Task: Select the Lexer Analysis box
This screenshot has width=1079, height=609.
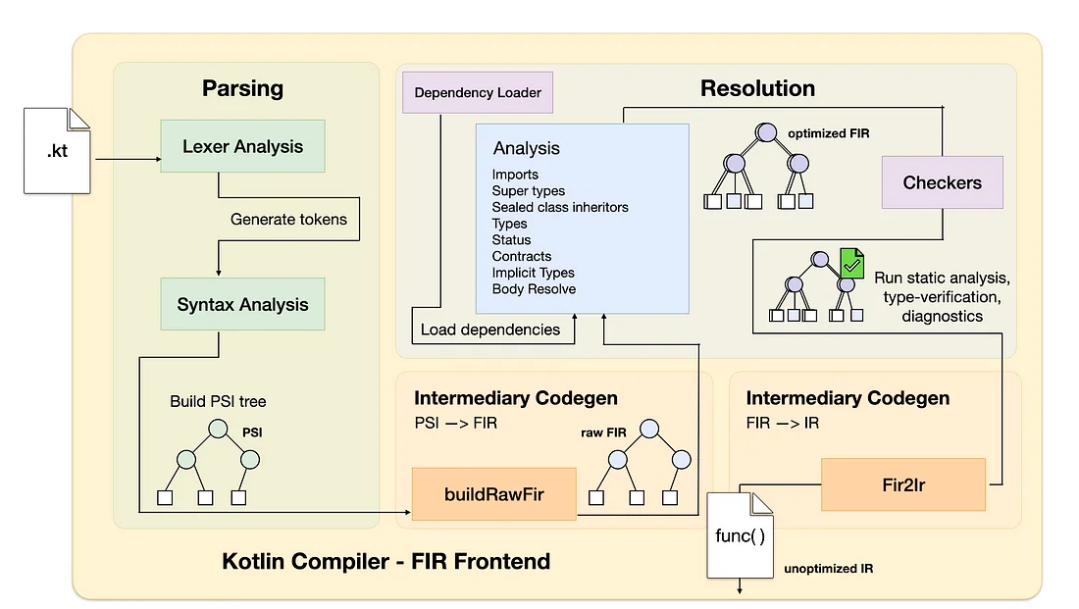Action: pyautogui.click(x=242, y=147)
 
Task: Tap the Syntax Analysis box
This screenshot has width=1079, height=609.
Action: pyautogui.click(x=242, y=305)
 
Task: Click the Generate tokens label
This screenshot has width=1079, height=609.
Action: pyautogui.click(x=288, y=219)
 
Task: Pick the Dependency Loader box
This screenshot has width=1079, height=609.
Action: pyautogui.click(x=478, y=93)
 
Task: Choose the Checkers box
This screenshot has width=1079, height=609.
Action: pyautogui.click(x=942, y=182)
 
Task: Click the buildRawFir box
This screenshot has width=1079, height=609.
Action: pyautogui.click(x=493, y=495)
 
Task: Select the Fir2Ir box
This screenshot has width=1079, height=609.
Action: pyautogui.click(x=902, y=484)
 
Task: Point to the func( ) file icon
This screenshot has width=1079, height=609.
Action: pyautogui.click(x=740, y=535)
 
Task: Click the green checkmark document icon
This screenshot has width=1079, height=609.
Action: pyautogui.click(x=851, y=263)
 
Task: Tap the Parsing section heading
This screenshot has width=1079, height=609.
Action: pyautogui.click(x=242, y=88)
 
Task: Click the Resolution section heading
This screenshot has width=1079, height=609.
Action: pyautogui.click(x=757, y=88)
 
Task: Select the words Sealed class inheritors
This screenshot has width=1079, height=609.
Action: pyautogui.click(x=560, y=207)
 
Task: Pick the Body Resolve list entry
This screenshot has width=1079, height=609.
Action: pyautogui.click(x=534, y=289)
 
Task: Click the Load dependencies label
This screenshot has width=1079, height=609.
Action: pyautogui.click(x=490, y=330)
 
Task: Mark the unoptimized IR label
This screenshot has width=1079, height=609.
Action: pyautogui.click(x=829, y=569)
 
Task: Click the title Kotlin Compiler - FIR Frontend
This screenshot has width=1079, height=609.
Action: pyautogui.click(x=386, y=562)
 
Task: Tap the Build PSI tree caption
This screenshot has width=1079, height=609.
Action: pyautogui.click(x=218, y=401)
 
